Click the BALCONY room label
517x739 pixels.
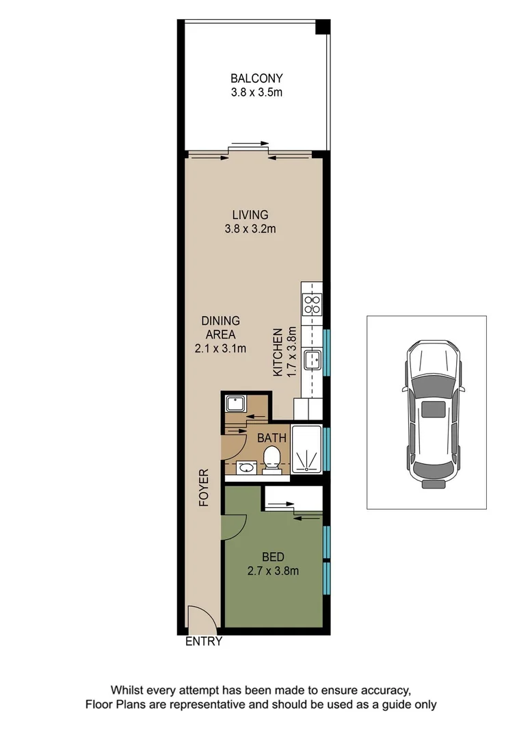[x=256, y=78]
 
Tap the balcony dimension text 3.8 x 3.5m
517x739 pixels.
[x=256, y=91]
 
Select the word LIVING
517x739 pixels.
[x=250, y=215]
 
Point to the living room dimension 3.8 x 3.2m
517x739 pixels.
[x=250, y=229]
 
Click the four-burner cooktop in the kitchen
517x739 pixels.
[x=313, y=304]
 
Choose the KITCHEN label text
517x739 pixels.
[x=278, y=352]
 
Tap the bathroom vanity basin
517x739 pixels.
[x=245, y=468]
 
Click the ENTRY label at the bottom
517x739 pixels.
[x=204, y=641]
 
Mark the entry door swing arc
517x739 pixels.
[x=203, y=619]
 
